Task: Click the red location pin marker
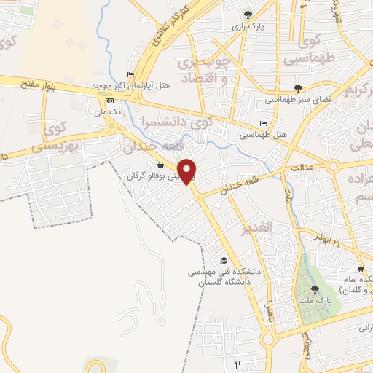[x=188, y=171]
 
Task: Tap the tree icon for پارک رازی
[x=248, y=14]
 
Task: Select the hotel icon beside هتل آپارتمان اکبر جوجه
[x=130, y=74]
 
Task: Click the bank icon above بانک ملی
[x=110, y=101]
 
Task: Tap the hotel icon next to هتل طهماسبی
[x=263, y=123]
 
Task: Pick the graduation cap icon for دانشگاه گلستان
[x=224, y=261]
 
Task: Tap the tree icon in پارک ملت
[x=315, y=289]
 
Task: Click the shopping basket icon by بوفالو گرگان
[x=160, y=165]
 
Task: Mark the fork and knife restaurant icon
[x=237, y=364]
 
